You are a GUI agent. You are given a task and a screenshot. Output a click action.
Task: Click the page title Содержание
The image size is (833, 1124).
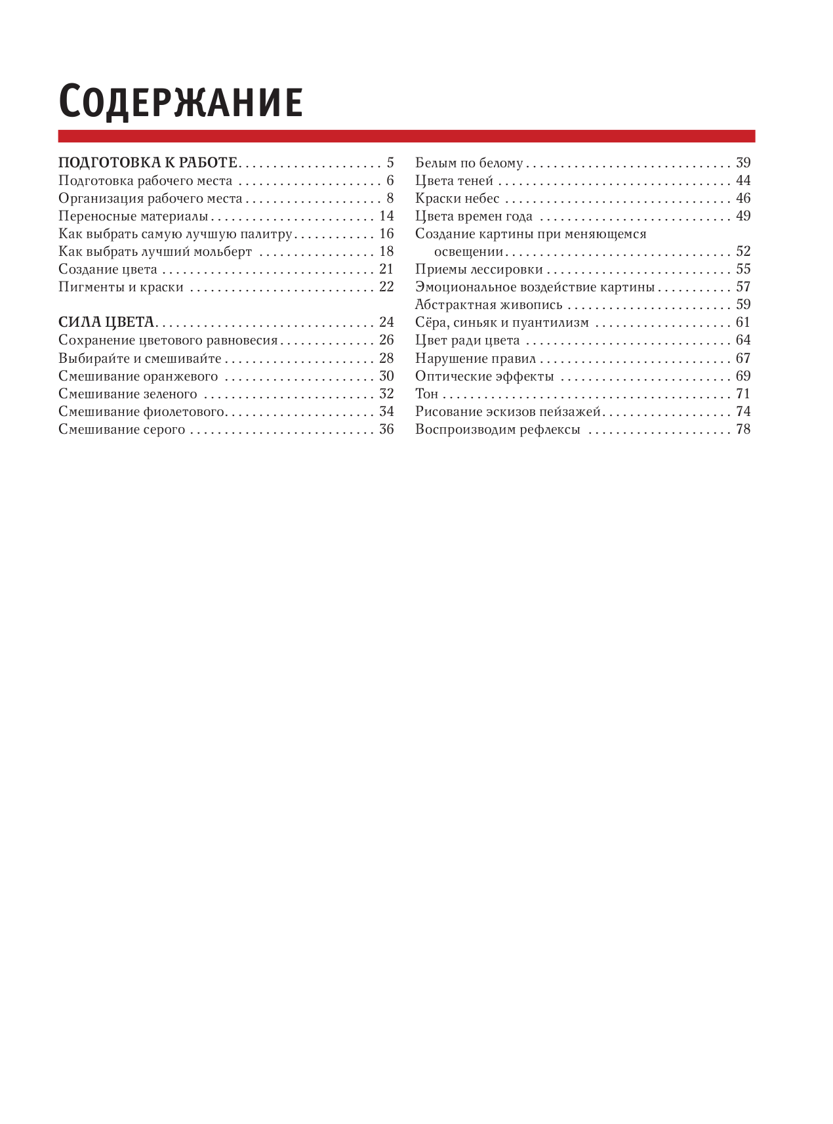point(180,102)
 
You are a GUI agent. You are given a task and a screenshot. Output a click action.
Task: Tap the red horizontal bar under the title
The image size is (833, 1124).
point(407,136)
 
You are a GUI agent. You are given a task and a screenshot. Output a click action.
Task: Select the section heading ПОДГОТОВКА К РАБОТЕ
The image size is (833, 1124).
point(148,163)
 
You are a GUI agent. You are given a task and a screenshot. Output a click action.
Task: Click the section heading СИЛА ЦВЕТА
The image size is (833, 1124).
point(106,322)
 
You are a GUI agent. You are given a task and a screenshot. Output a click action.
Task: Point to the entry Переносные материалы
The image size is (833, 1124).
point(133,216)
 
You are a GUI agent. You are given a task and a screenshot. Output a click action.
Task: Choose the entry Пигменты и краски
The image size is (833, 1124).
point(121,287)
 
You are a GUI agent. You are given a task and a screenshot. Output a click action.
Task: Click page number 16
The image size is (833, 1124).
point(386,234)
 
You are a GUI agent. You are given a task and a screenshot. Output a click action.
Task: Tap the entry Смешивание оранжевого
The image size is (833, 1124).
point(138,376)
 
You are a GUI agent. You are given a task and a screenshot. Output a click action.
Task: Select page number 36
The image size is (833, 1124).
point(386,429)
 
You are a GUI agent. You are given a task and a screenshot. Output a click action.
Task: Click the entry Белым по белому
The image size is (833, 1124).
point(469,163)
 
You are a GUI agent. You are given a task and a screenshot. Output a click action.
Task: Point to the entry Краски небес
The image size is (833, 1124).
point(457,198)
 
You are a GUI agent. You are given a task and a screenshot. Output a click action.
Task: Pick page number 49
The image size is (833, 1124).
point(743,216)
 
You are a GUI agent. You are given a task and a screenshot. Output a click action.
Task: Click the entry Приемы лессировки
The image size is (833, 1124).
point(479,269)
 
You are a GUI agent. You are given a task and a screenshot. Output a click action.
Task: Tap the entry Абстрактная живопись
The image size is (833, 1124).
point(489,304)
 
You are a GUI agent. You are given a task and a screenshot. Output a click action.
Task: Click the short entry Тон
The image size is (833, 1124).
point(426,394)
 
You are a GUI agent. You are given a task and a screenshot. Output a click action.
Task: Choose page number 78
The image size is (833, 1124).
point(743,429)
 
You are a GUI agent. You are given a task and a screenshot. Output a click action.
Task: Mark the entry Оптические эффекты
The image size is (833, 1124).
point(485,376)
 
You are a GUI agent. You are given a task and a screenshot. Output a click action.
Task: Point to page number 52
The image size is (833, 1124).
point(743,251)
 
